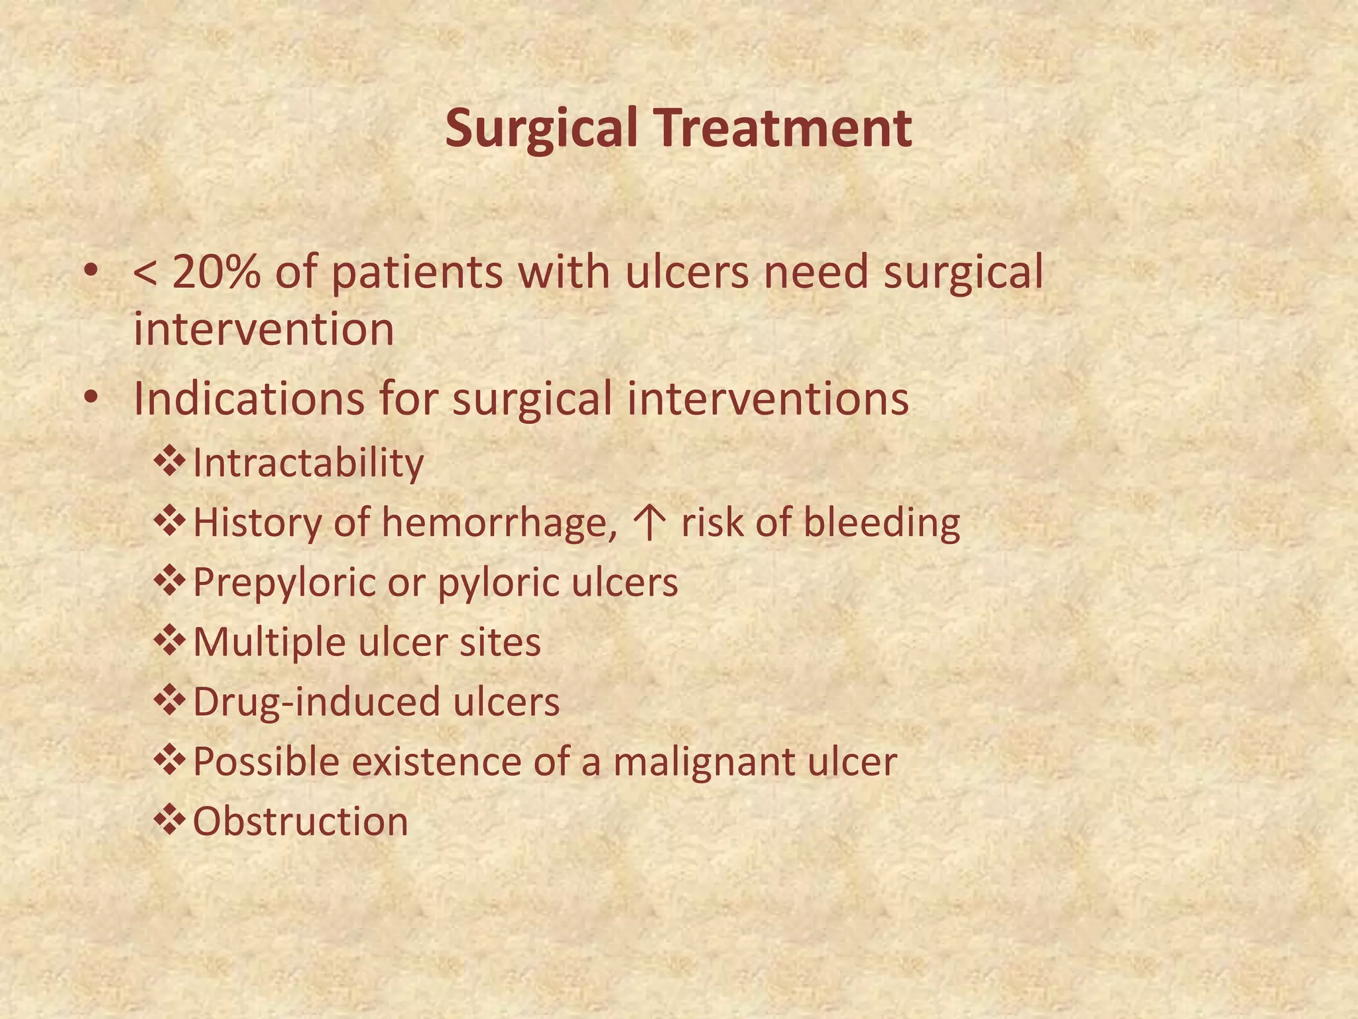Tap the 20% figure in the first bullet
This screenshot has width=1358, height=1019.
click(216, 273)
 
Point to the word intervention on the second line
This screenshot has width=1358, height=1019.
click(263, 330)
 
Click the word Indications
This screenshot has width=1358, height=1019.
click(249, 399)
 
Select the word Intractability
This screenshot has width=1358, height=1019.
click(308, 463)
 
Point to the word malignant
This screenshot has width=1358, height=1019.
click(703, 762)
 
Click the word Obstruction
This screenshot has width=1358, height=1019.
click(300, 821)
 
